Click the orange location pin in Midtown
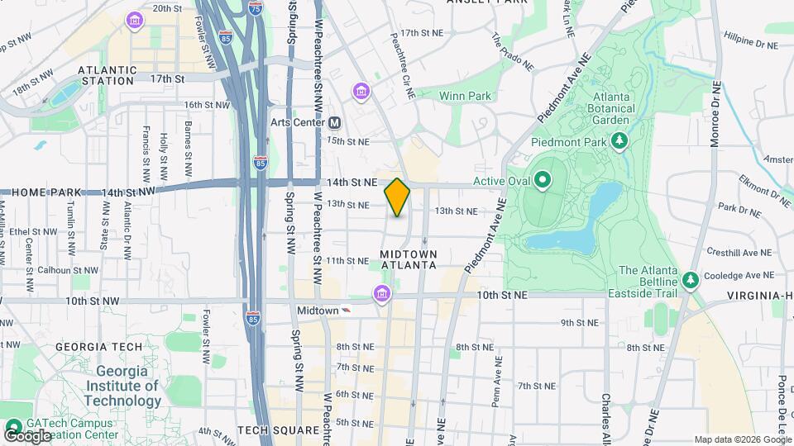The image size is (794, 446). coord(397,197)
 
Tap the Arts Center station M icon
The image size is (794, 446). coord(335,122)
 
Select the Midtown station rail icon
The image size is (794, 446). coord(346,311)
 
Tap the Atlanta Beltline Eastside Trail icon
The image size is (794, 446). coord(690,278)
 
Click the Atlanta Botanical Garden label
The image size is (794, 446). coord(612,107)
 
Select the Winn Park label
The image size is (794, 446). coord(465,97)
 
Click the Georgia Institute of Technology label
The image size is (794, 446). coord(128,387)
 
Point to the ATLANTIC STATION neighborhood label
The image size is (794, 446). coord(108,76)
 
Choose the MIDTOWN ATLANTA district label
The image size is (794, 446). coord(408,259)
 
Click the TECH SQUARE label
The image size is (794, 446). coord(278,430)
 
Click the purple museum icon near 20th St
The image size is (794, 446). coord(133,19)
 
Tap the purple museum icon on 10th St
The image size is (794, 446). coord(381,293)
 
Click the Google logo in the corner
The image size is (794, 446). coord(26,435)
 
